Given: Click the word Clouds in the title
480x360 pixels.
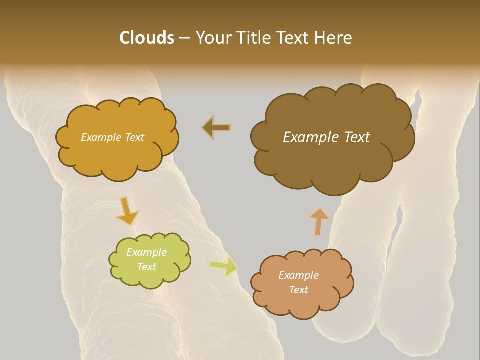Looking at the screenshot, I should [147, 38].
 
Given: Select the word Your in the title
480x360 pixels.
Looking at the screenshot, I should [212, 38].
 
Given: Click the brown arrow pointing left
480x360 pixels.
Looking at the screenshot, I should [216, 128].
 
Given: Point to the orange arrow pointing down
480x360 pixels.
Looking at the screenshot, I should [127, 211].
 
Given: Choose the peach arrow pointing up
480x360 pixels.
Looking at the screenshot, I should [318, 221].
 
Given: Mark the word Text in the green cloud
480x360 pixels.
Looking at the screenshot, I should [146, 267].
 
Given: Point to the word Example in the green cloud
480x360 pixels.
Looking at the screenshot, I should [146, 252].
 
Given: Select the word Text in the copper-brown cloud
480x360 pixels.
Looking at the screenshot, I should [298, 290].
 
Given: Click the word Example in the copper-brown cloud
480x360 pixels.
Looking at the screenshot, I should [298, 275].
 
